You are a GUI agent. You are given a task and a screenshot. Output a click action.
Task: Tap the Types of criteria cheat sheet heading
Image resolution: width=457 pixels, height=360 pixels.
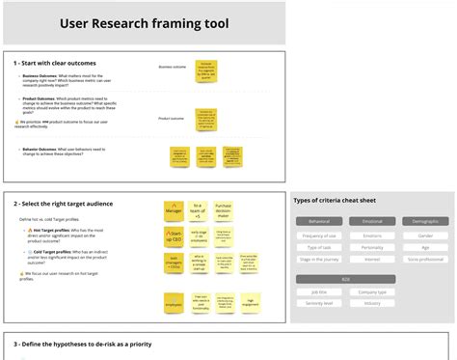(336, 201)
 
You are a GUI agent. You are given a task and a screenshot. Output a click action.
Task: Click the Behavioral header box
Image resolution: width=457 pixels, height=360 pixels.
(319, 222)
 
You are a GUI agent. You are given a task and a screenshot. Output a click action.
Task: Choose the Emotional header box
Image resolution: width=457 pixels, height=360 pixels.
(372, 222)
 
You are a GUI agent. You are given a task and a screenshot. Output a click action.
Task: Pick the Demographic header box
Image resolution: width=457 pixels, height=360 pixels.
(425, 222)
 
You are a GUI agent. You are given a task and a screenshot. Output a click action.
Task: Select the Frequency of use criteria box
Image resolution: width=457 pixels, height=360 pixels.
(319, 235)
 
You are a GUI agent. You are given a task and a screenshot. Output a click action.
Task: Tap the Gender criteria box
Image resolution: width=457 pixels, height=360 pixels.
(425, 235)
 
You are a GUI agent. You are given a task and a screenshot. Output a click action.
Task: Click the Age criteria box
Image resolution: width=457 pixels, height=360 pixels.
(425, 248)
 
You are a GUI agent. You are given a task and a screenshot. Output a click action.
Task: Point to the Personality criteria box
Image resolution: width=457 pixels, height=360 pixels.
(372, 248)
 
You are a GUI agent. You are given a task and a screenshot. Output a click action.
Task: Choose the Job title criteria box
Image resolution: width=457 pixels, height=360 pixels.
(319, 291)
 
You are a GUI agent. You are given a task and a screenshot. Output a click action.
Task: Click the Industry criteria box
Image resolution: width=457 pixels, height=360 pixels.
(372, 303)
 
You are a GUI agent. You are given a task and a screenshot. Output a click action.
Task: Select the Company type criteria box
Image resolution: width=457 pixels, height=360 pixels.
(372, 291)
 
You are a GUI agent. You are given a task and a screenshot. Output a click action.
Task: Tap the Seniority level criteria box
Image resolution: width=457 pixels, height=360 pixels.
(319, 303)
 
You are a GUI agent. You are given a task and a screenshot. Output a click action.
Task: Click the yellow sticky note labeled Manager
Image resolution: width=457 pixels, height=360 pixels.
(174, 210)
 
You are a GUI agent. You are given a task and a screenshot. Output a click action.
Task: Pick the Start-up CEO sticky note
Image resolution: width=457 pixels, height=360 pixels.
(174, 236)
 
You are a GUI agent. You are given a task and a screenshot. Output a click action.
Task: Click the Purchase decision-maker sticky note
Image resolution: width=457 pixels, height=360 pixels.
(224, 210)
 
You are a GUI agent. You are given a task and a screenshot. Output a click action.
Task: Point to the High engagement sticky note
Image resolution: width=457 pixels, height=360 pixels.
(251, 303)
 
